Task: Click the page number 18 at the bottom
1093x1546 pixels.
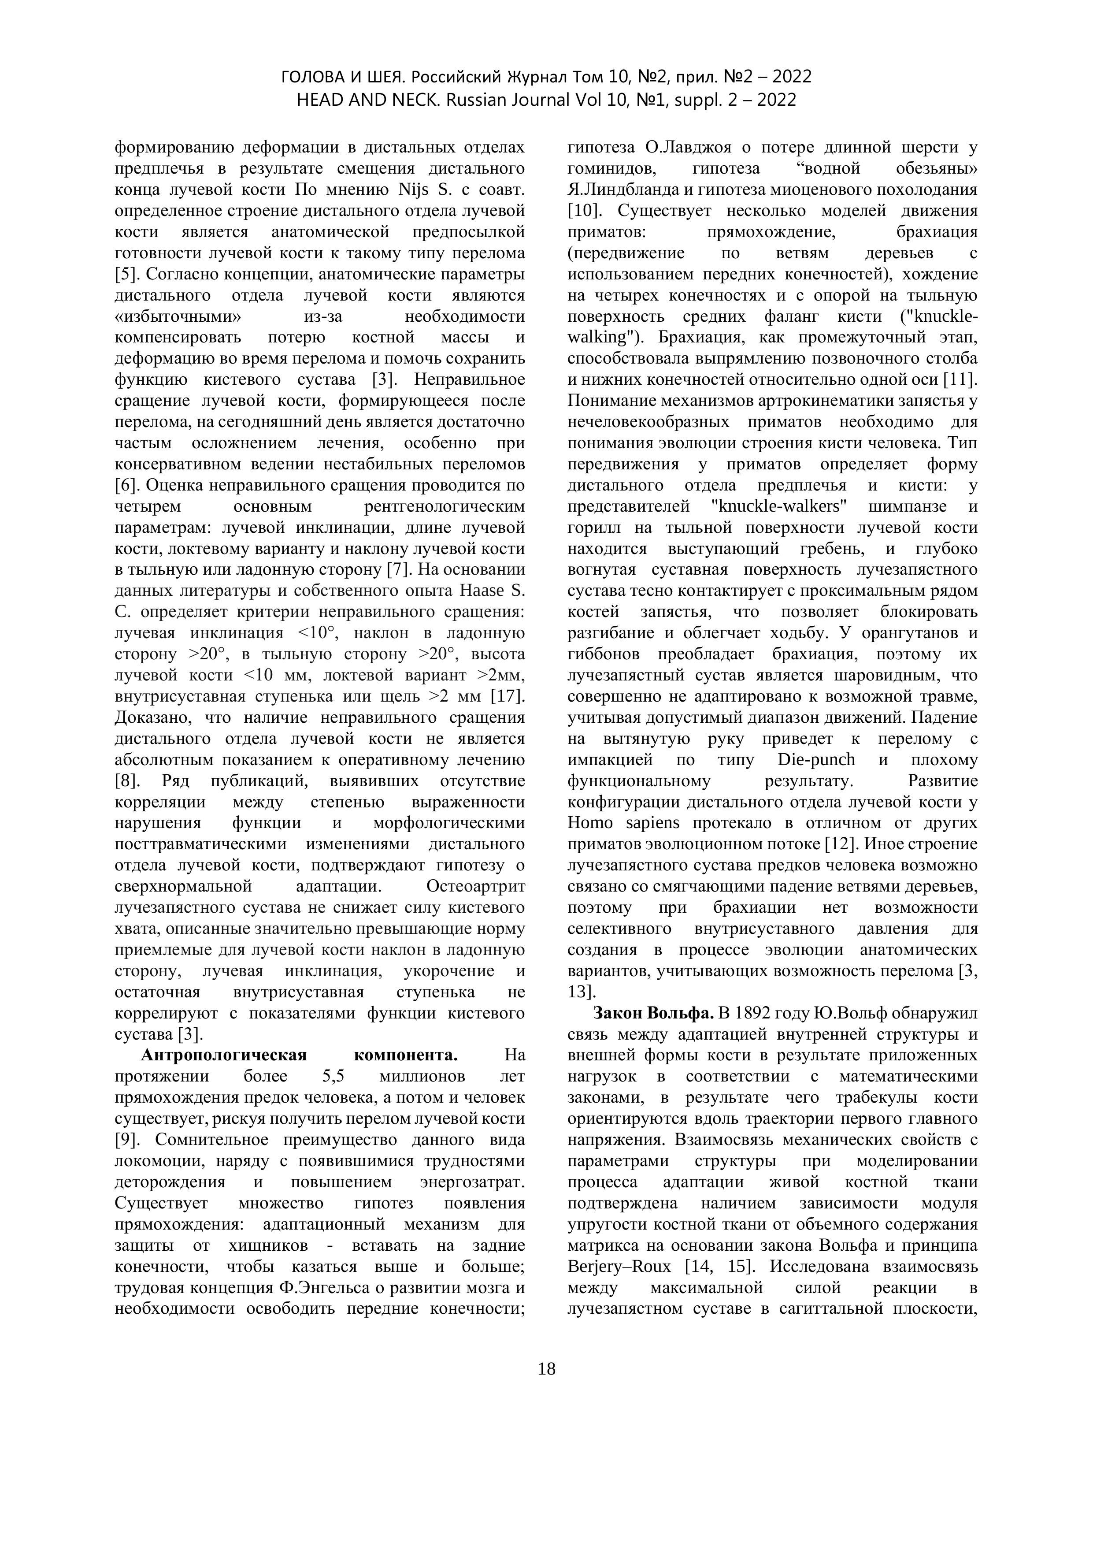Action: [x=546, y=1368]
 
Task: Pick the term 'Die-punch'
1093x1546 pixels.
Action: [x=816, y=759]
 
